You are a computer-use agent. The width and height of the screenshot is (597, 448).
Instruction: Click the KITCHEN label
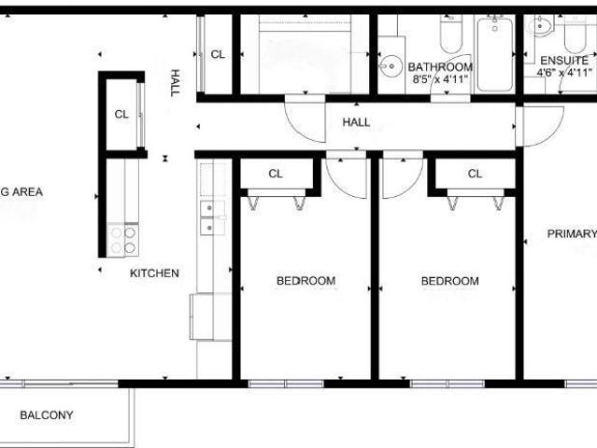(154, 273)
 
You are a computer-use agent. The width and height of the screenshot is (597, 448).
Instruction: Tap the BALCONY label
(47, 415)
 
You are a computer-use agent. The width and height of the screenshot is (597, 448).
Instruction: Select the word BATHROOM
(441, 67)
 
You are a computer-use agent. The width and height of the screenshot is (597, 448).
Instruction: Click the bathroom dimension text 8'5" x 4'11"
(441, 81)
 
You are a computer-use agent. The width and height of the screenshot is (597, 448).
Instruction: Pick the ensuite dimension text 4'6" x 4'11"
(564, 71)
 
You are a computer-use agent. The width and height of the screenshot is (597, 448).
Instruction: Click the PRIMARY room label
(571, 234)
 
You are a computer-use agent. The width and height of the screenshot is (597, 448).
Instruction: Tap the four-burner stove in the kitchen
(122, 241)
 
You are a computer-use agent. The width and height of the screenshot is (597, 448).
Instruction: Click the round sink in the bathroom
(391, 65)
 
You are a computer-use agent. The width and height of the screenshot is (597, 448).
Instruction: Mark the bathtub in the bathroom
(494, 54)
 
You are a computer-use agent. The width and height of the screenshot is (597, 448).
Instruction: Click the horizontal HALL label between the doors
(356, 122)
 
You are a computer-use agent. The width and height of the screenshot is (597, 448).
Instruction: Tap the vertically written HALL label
(174, 84)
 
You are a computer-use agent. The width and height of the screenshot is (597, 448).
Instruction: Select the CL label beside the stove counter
(121, 115)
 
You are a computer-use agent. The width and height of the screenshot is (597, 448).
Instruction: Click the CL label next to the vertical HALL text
(218, 55)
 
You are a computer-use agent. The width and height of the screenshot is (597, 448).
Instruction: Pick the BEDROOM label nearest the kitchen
(306, 281)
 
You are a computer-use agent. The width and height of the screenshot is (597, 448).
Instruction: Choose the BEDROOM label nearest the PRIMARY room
(449, 281)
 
